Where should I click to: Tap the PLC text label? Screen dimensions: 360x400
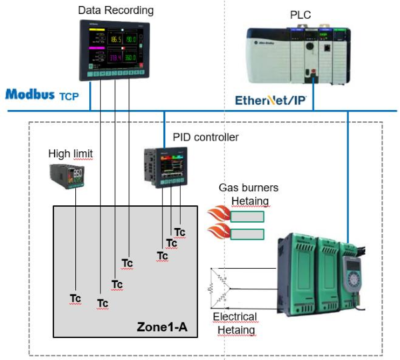click(x=301, y=14)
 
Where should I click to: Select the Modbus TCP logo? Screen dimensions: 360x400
click(x=41, y=95)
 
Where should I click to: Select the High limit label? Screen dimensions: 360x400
click(x=70, y=154)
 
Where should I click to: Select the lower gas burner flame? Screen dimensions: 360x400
click(x=217, y=234)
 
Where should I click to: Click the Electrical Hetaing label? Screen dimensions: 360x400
click(x=234, y=323)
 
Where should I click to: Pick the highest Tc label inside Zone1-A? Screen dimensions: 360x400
click(x=179, y=232)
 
